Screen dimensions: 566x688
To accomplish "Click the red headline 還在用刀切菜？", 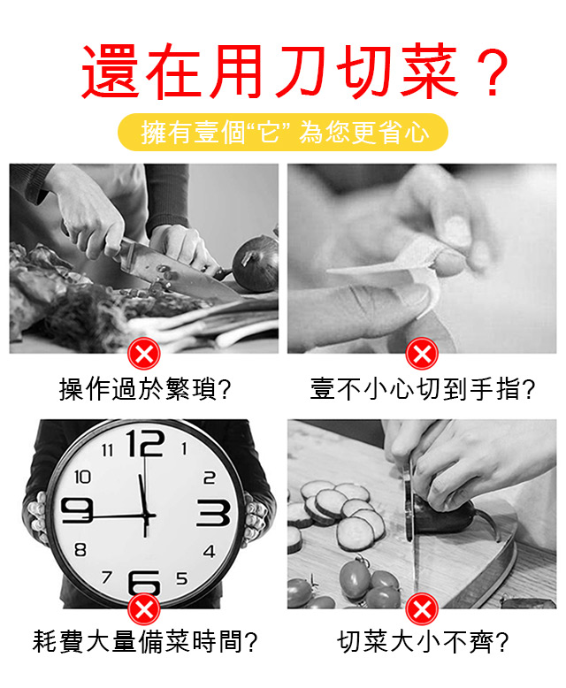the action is click(x=294, y=71).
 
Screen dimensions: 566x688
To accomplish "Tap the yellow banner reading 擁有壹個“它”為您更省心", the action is click(x=283, y=132).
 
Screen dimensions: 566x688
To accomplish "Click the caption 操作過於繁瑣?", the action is click(x=145, y=389).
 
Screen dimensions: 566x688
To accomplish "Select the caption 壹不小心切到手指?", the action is click(x=423, y=389).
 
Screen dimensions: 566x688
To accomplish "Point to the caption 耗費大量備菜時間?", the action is click(x=145, y=641).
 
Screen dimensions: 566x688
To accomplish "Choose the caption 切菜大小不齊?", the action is click(x=423, y=641).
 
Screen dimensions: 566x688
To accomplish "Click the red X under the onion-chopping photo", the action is click(x=144, y=354).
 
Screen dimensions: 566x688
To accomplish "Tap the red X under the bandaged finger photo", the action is click(x=422, y=354).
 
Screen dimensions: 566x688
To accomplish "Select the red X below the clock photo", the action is click(x=144, y=609).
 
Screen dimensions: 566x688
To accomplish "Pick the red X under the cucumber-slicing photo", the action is click(x=422, y=609).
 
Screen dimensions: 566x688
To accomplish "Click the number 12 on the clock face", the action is click(x=145, y=443).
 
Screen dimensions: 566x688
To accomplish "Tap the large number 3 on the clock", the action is click(x=213, y=513).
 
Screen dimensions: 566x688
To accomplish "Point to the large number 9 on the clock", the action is click(x=77, y=510).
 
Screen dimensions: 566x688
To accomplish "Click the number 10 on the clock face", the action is click(x=82, y=477).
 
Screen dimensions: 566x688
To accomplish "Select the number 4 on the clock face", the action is click(x=210, y=551).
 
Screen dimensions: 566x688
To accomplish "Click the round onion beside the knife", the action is click(x=256, y=264).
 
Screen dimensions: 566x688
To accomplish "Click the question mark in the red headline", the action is click(x=493, y=72).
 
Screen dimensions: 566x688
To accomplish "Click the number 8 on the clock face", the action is click(x=80, y=549).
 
